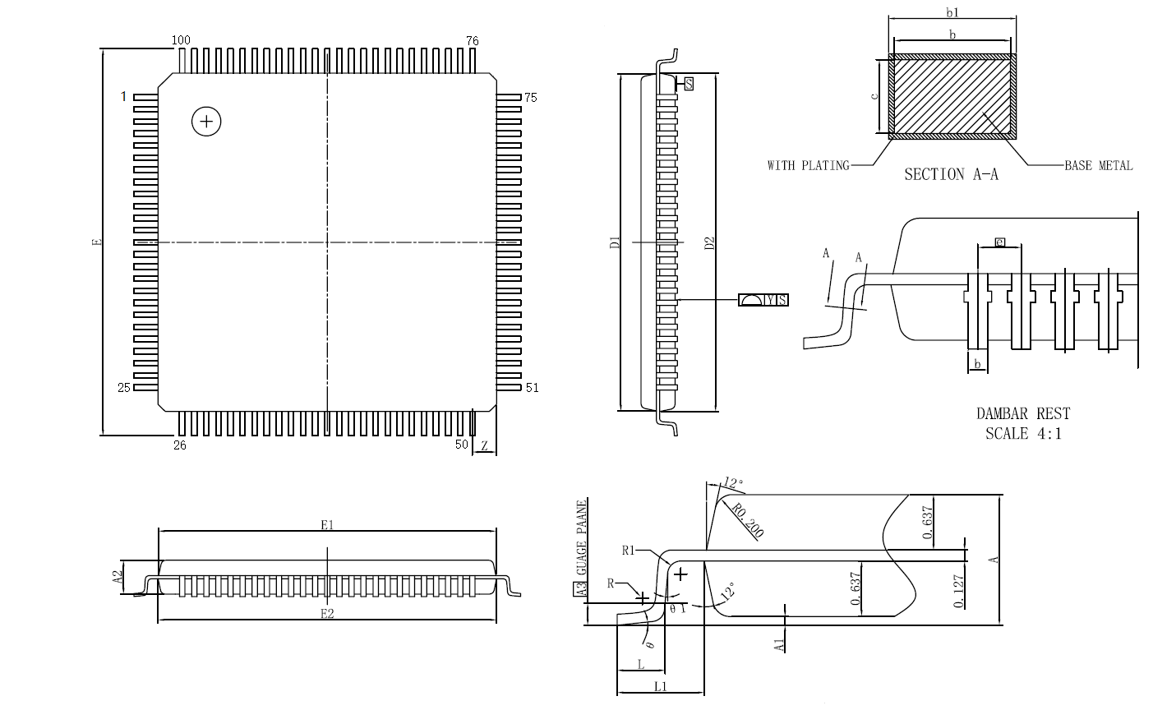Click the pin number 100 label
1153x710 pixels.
[180, 40]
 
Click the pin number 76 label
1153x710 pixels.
[473, 40]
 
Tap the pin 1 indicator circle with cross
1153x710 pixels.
[206, 122]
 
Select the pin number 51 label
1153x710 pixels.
[532, 388]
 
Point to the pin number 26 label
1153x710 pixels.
[180, 445]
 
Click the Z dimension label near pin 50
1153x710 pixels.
[485, 446]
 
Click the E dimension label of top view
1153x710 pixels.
[96, 242]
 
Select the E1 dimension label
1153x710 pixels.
[327, 524]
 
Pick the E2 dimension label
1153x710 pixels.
[327, 614]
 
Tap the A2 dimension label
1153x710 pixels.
[117, 578]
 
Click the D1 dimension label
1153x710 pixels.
[613, 242]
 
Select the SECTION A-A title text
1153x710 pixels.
[951, 174]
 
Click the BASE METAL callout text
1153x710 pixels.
[1098, 166]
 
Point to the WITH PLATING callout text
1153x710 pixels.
[808, 166]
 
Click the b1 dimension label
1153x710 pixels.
[953, 12]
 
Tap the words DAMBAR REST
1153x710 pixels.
[1023, 414]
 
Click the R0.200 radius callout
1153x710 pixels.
[746, 521]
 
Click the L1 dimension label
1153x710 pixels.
[660, 685]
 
